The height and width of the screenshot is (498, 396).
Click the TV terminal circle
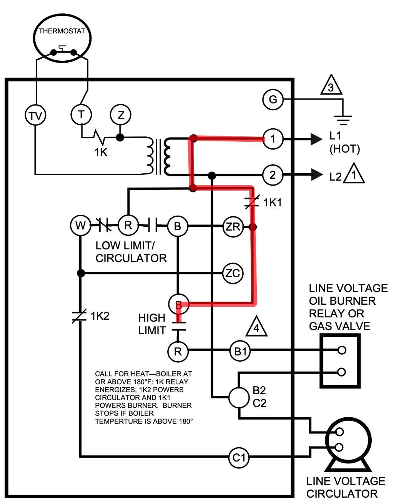[x=35, y=115]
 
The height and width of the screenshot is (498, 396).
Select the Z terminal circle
[x=120, y=115]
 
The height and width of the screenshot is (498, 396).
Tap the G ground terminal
[x=273, y=100]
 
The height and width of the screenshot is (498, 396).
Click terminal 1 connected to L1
[x=273, y=139]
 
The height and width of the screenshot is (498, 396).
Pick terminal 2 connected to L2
[x=273, y=175]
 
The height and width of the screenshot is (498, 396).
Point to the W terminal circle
[x=80, y=226]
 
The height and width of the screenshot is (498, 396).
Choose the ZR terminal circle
[x=233, y=227]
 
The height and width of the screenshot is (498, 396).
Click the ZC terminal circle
[x=233, y=273]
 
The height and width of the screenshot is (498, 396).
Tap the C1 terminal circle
[x=239, y=458]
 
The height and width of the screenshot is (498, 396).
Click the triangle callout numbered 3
[x=331, y=85]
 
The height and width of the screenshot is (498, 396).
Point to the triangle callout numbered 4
[x=256, y=326]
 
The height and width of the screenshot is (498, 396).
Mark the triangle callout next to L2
[x=354, y=173]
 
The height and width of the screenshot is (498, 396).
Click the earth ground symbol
[x=343, y=120]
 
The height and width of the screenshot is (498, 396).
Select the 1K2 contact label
[x=100, y=316]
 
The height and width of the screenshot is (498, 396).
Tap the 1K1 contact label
[x=273, y=203]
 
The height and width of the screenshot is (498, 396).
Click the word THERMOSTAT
[x=62, y=31]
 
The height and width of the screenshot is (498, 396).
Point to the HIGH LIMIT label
[x=152, y=324]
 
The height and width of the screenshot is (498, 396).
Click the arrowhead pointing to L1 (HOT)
[x=316, y=139]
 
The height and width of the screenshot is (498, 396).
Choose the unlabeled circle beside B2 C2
[x=239, y=397]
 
